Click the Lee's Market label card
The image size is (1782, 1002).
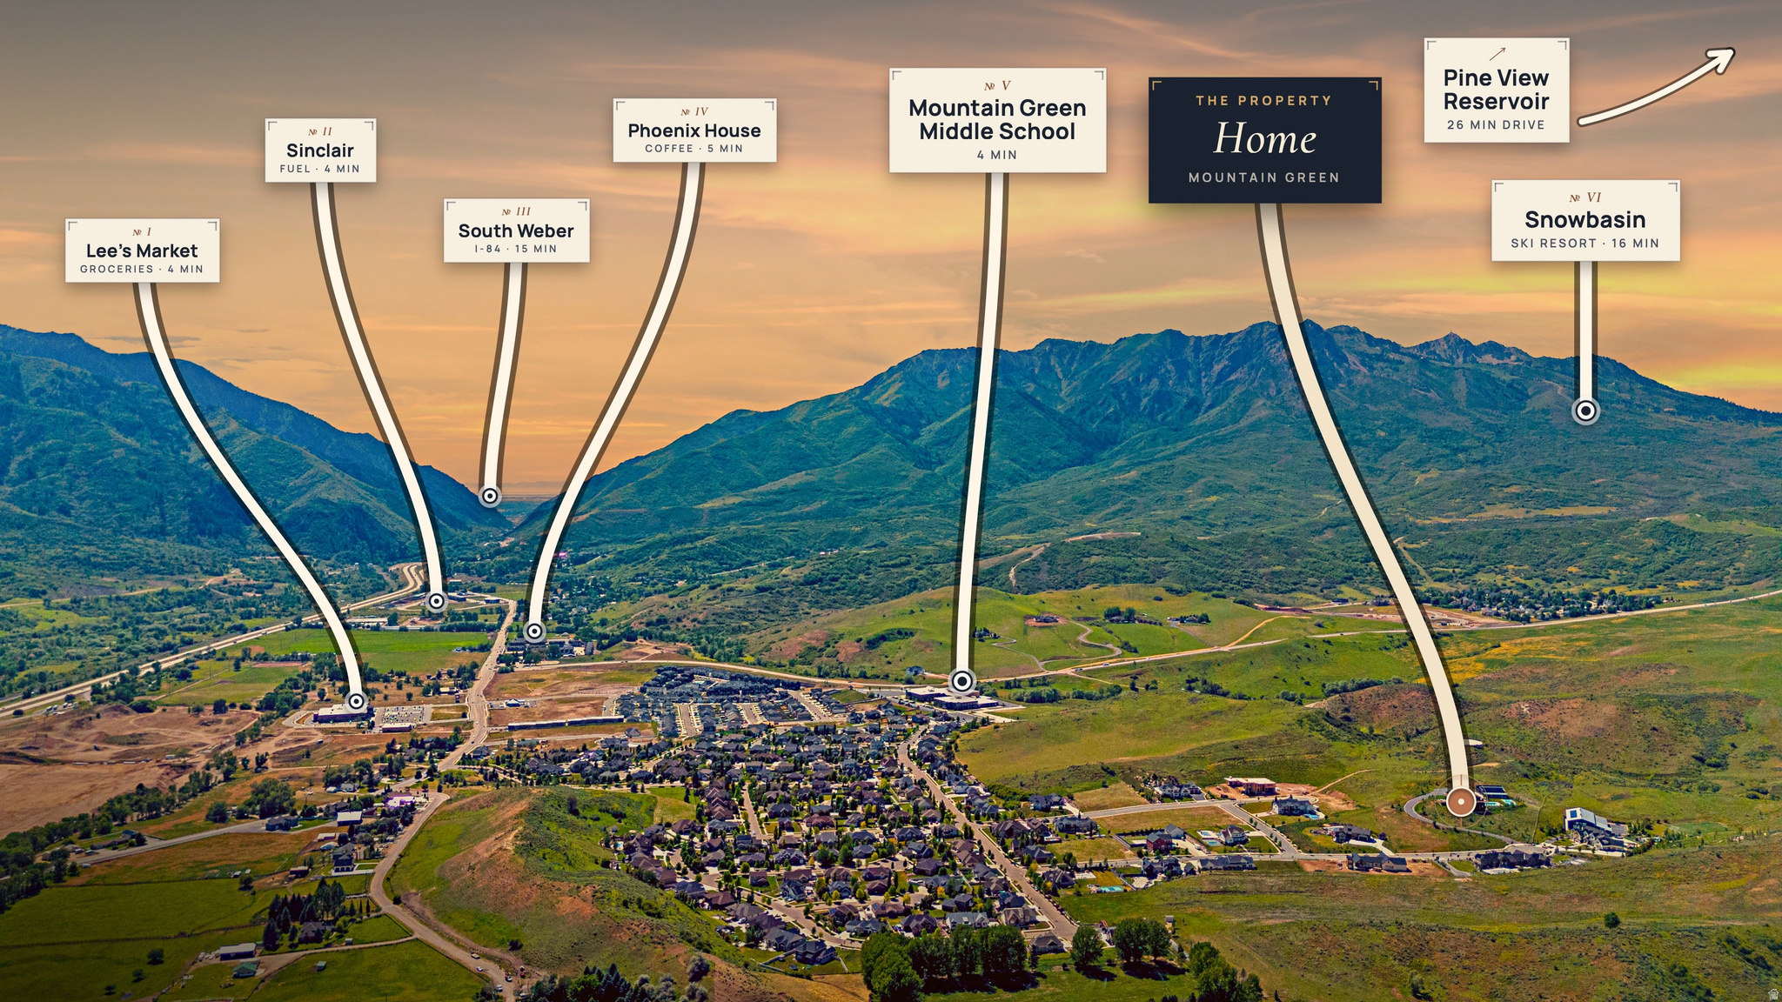[142, 250]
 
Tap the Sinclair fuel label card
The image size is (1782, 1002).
[320, 150]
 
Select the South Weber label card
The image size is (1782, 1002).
[516, 230]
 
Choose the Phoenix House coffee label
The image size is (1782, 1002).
[694, 130]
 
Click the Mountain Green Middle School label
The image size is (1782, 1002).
[997, 120]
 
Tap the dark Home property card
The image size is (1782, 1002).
[1264, 140]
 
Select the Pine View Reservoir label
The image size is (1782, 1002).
[1497, 90]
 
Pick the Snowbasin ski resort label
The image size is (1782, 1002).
[1585, 221]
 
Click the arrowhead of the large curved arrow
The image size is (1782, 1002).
[1718, 59]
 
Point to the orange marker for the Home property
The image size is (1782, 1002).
[1461, 801]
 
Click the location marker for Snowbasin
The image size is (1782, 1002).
[1586, 411]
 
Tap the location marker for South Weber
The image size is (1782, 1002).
[490, 496]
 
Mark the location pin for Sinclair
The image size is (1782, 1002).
[437, 600]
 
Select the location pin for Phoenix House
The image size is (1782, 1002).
[535, 631]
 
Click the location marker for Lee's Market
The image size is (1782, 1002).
[356, 701]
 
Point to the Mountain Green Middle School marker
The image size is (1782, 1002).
[962, 681]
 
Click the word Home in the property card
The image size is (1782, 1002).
[1264, 139]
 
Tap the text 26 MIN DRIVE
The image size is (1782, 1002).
[1496, 125]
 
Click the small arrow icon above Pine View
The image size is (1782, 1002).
[1497, 54]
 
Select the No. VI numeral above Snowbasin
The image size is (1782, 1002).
[1585, 197]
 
